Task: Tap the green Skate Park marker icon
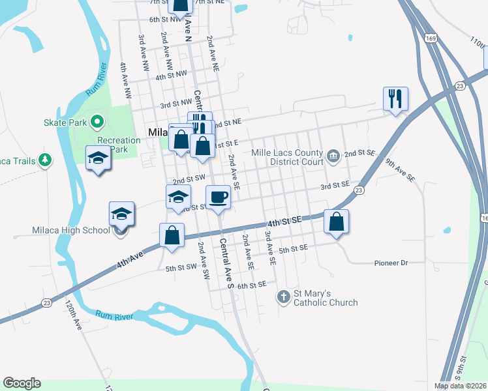[97, 121]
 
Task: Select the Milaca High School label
[71, 230]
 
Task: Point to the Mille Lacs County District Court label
[288, 157]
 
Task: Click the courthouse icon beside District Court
[333, 155]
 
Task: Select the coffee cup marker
[219, 196]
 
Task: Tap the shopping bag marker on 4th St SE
[336, 222]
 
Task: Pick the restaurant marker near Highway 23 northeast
[395, 98]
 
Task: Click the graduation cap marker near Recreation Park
[99, 158]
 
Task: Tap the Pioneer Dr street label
[391, 263]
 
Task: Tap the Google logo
[22, 383]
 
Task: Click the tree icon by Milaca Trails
[45, 160]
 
